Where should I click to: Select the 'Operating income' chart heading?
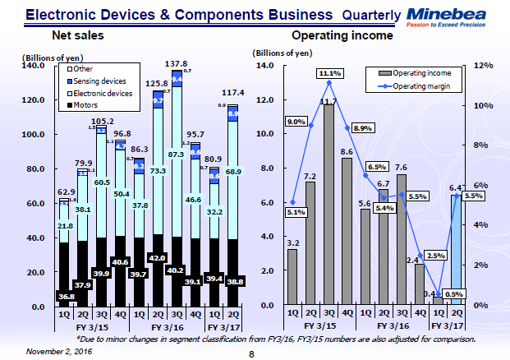(342, 37)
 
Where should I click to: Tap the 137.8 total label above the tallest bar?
(177, 63)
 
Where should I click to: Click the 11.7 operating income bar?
(329, 205)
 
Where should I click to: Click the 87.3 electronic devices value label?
(177, 154)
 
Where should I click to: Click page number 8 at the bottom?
(253, 353)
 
